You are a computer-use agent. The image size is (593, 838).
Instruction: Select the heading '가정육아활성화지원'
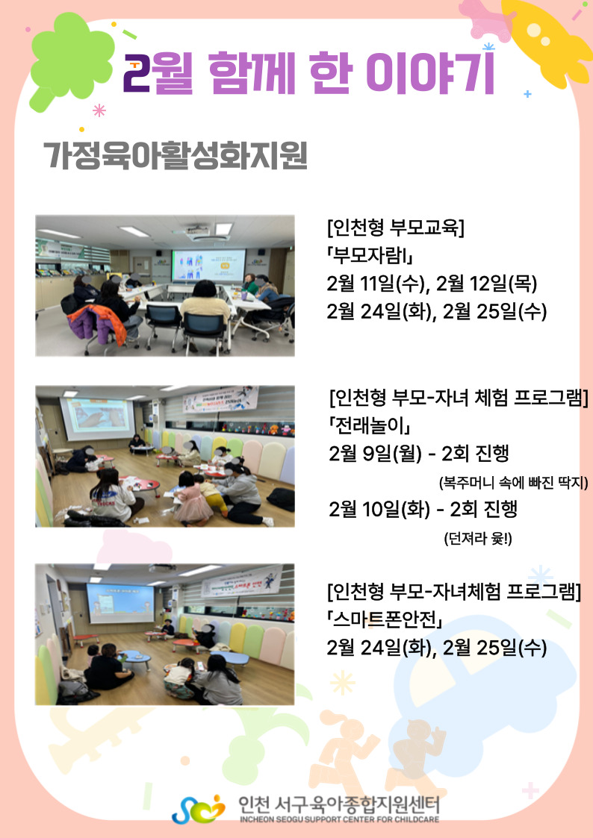(x=176, y=155)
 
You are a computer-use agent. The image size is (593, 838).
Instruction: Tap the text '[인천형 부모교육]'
(x=396, y=227)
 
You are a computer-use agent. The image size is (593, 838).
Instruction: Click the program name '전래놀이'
(x=370, y=426)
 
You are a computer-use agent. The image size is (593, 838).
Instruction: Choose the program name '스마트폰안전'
(x=385, y=619)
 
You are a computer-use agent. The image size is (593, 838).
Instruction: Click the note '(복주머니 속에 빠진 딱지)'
(x=513, y=483)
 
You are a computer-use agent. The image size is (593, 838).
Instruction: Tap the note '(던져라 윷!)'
(x=477, y=538)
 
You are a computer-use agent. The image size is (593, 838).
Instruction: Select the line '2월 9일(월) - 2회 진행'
(x=419, y=454)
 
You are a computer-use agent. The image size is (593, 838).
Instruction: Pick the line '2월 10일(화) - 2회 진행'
(x=423, y=510)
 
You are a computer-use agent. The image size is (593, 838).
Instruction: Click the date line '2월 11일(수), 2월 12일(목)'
(x=432, y=284)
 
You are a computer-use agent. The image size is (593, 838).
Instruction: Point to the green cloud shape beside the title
(x=70, y=59)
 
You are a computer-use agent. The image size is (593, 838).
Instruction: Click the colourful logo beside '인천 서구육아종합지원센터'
(x=199, y=809)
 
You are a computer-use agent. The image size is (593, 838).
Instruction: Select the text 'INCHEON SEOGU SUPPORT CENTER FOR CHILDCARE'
(x=340, y=819)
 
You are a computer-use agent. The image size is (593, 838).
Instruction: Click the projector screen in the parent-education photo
(x=208, y=266)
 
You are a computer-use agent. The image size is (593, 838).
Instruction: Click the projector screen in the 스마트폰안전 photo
(x=120, y=603)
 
